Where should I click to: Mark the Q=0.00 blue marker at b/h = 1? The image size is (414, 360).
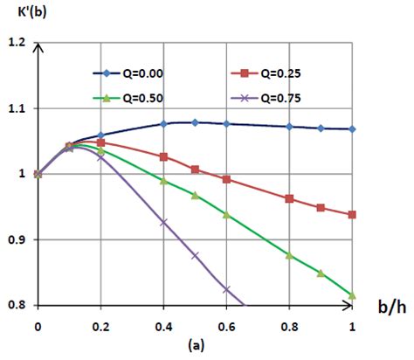point(353,129)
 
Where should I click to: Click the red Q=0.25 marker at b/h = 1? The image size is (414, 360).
point(353,214)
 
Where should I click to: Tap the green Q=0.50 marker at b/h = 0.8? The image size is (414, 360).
point(290,255)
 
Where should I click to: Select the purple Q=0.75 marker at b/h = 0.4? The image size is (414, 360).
point(163,222)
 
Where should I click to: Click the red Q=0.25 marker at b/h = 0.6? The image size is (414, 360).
point(227,179)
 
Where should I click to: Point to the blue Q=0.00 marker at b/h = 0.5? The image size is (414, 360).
point(195,122)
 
